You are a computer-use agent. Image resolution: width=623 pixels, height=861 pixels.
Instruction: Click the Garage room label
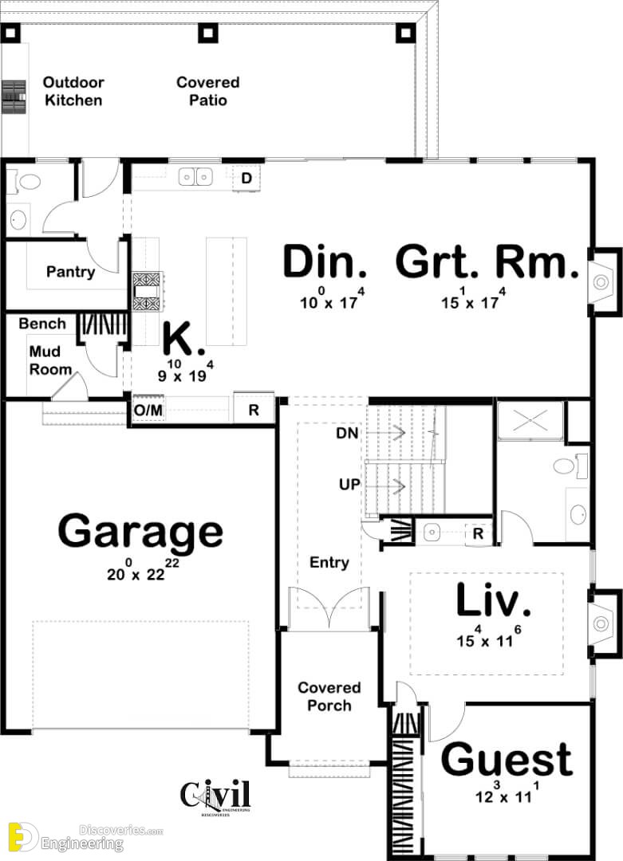(140, 532)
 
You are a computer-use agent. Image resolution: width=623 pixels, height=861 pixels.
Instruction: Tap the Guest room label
(507, 760)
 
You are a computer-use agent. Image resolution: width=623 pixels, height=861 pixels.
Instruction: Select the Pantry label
(70, 272)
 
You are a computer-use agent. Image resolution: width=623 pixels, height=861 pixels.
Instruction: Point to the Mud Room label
(50, 360)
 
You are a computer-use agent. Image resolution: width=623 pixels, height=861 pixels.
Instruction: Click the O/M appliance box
(148, 411)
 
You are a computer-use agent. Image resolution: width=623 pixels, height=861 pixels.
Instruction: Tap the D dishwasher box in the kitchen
(246, 178)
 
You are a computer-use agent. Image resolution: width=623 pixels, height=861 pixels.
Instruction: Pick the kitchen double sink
(195, 177)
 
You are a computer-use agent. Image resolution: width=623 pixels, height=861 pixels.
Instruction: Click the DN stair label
(347, 433)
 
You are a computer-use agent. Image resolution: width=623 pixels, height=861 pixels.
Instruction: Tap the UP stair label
(349, 485)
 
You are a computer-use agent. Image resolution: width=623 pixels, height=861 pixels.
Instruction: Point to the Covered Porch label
(329, 696)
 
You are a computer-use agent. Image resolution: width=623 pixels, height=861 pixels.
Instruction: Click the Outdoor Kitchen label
(73, 91)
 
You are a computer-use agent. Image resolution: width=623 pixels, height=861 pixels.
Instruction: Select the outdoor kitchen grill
(14, 96)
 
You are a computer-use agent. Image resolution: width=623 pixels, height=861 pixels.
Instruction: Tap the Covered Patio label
(207, 91)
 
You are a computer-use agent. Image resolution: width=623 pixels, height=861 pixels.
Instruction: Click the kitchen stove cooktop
(147, 291)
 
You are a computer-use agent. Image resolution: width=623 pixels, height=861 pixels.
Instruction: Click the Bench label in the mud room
(42, 324)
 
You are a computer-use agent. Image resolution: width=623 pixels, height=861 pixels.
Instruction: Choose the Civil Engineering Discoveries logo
(215, 797)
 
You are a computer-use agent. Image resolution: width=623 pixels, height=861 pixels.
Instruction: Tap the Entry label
(329, 562)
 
